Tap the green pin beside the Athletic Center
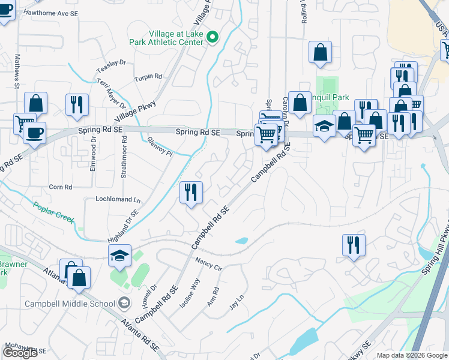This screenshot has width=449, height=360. [212, 38]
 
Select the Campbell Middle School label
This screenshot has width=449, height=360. [69, 303]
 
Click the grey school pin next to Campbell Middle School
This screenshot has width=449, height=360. [124, 302]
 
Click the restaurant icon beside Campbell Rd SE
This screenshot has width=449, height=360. [191, 193]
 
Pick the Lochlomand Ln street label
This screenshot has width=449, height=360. [118, 199]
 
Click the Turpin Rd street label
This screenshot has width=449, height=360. [148, 77]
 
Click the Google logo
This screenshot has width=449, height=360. [20, 353]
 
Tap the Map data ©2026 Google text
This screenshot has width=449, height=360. [412, 355]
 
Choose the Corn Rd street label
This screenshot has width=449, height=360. [61, 187]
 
